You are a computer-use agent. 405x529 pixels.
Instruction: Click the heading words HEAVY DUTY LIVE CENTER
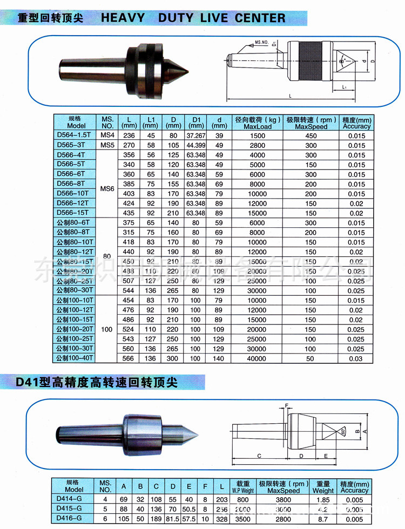coord(193,18)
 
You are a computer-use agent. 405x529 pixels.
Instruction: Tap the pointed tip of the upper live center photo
coord(187,70)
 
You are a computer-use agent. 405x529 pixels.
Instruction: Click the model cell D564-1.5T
coord(73,135)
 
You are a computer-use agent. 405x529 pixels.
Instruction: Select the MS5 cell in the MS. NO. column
coord(106,145)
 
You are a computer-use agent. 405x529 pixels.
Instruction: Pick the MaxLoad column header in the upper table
coord(259,123)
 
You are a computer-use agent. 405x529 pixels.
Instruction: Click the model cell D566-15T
coord(73,213)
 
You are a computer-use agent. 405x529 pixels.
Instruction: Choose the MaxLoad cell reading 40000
coord(258,358)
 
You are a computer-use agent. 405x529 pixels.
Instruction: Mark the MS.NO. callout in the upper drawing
coord(261,42)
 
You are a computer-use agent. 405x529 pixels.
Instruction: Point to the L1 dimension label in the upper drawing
coord(344,86)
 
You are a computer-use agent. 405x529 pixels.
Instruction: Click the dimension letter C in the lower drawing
coord(259,456)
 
